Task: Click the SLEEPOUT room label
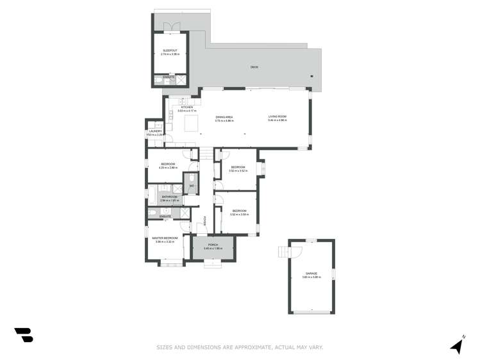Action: point(170,50)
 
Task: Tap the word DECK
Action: point(254,67)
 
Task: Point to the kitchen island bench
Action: point(190,122)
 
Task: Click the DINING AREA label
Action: point(224,117)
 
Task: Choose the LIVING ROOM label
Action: point(277,117)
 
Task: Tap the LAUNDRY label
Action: point(155,131)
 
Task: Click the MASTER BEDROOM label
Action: point(165,238)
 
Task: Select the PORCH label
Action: point(213,245)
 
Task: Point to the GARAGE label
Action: point(310,274)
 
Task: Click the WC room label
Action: point(191,186)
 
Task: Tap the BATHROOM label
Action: point(169,197)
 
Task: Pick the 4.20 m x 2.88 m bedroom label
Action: point(168,164)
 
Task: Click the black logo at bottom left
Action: point(23,334)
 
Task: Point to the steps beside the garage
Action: point(283,252)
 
